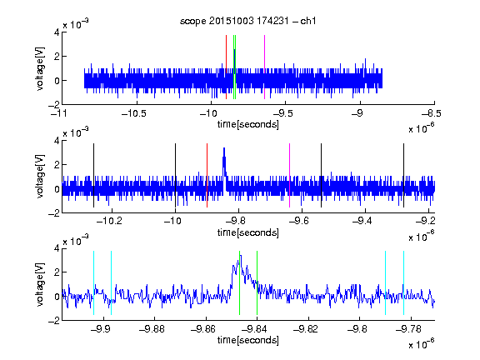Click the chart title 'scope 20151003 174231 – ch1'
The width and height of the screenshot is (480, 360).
tap(247, 21)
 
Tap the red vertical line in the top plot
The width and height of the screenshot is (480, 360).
tap(226, 67)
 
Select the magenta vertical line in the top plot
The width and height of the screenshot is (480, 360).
tap(264, 67)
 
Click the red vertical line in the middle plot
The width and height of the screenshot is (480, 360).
tap(207, 175)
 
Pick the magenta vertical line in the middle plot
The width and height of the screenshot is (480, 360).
tap(290, 175)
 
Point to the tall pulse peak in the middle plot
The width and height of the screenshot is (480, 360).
tap(224, 148)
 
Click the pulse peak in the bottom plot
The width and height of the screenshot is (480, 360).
tap(240, 256)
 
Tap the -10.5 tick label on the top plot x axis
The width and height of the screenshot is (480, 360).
tap(134, 113)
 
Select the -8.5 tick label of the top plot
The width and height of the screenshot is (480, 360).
tap(432, 113)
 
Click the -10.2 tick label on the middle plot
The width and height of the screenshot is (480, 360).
tap(109, 221)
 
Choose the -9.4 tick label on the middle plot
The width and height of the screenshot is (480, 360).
tap(362, 221)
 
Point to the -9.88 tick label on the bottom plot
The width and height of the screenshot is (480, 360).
tap(152, 329)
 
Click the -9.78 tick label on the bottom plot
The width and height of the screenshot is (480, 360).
tap(408, 329)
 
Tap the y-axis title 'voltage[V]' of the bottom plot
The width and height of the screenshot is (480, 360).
tap(40, 284)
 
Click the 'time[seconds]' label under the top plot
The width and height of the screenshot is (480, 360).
tap(248, 124)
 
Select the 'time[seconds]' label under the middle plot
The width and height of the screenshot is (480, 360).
tap(248, 232)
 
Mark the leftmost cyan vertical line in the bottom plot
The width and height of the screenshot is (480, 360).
tap(93, 282)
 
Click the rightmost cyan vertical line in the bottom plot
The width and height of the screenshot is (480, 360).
tap(403, 282)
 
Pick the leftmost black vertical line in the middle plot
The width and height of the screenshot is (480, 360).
tap(93, 175)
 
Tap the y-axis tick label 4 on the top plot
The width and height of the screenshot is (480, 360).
tap(57, 32)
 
